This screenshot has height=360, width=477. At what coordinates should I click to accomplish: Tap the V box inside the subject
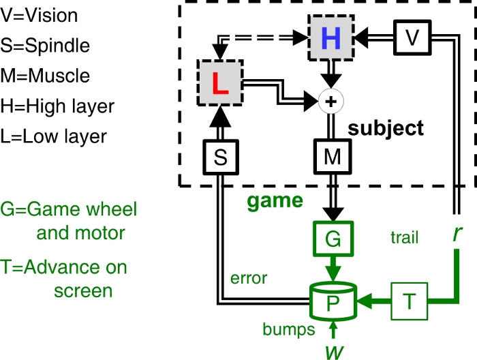[411, 37]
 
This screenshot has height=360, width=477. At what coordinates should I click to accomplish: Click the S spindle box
[219, 158]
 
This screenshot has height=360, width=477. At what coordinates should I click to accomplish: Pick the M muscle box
[332, 158]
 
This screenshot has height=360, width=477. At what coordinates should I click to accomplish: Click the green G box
[332, 239]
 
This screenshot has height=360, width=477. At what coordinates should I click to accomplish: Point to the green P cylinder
[331, 301]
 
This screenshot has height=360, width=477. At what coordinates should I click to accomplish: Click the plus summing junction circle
[331, 102]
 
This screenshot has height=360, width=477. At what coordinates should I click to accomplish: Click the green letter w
[332, 348]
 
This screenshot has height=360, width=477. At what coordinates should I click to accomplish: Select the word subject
[386, 127]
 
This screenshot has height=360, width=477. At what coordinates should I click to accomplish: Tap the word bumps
[288, 330]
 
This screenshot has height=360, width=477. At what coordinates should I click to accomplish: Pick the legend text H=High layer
[58, 106]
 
